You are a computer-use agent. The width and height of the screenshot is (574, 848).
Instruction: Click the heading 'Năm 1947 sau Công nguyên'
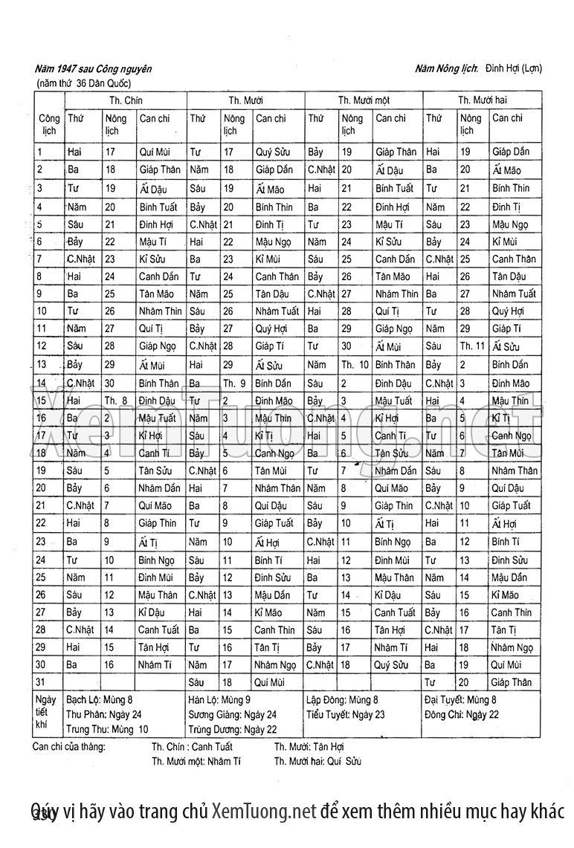pyautogui.click(x=93, y=68)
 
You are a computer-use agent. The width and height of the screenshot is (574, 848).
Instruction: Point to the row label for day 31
pyautogui.click(x=42, y=682)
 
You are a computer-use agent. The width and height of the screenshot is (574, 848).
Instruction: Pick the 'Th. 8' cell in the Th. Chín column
pyautogui.click(x=115, y=401)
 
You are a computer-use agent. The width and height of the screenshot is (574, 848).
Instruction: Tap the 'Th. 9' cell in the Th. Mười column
pyautogui.click(x=234, y=383)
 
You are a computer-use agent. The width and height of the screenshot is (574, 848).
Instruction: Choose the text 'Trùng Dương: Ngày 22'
pyautogui.click(x=232, y=729)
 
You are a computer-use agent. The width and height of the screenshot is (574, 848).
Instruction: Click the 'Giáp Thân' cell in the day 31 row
pyautogui.click(x=512, y=682)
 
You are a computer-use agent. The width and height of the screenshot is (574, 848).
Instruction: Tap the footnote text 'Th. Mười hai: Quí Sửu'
pyautogui.click(x=317, y=761)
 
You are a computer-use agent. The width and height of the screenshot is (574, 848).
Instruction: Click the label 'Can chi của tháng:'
pyautogui.click(x=69, y=746)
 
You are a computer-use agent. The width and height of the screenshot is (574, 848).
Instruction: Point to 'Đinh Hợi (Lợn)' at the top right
pyautogui.click(x=514, y=68)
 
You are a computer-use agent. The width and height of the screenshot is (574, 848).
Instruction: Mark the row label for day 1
pyautogui.click(x=39, y=152)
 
